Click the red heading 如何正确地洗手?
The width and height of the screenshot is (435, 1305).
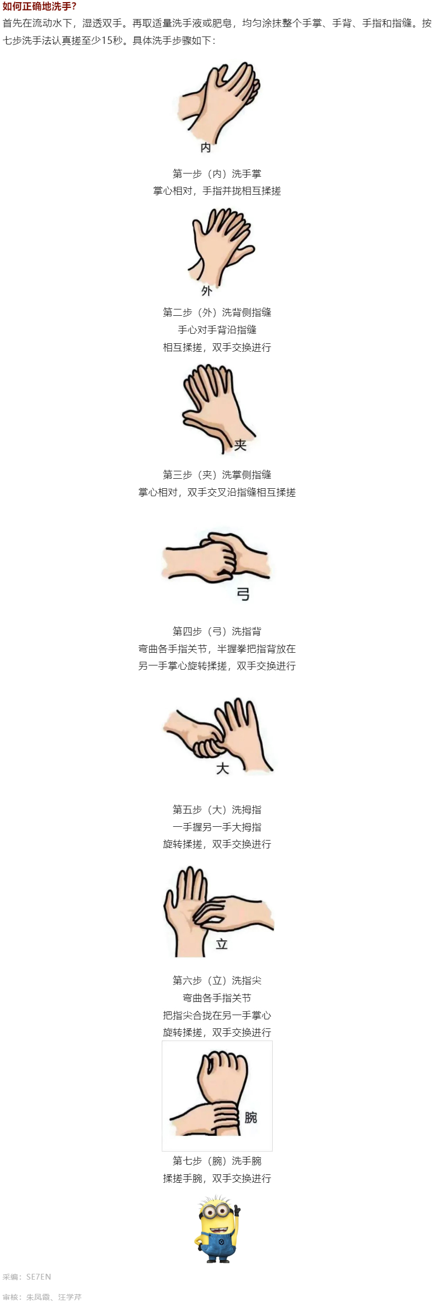coord(40,7)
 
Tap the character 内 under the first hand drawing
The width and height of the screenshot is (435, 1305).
coord(206,148)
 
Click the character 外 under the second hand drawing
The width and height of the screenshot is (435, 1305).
coord(207,290)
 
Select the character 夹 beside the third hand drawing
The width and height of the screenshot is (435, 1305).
coord(240,445)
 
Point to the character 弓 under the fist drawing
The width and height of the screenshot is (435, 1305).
coord(243,594)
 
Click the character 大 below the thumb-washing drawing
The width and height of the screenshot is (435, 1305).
coord(223,768)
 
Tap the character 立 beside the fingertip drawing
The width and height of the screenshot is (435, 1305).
coord(221,944)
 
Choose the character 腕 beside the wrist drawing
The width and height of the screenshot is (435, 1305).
coord(251,1117)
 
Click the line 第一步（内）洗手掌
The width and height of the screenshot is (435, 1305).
coord(217,174)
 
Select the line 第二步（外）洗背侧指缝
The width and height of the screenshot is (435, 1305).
coord(217,312)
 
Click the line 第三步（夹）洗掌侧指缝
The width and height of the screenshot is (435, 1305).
coord(217,474)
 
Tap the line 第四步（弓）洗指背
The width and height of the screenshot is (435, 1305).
coord(217,631)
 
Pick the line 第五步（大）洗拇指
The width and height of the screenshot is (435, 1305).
coord(217,809)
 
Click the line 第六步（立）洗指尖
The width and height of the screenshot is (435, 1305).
coord(217,980)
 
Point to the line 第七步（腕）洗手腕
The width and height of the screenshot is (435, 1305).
coord(217,1161)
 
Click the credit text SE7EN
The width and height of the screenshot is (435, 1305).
coord(39,1276)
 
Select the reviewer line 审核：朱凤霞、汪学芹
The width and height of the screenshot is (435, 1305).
coord(42,1297)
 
